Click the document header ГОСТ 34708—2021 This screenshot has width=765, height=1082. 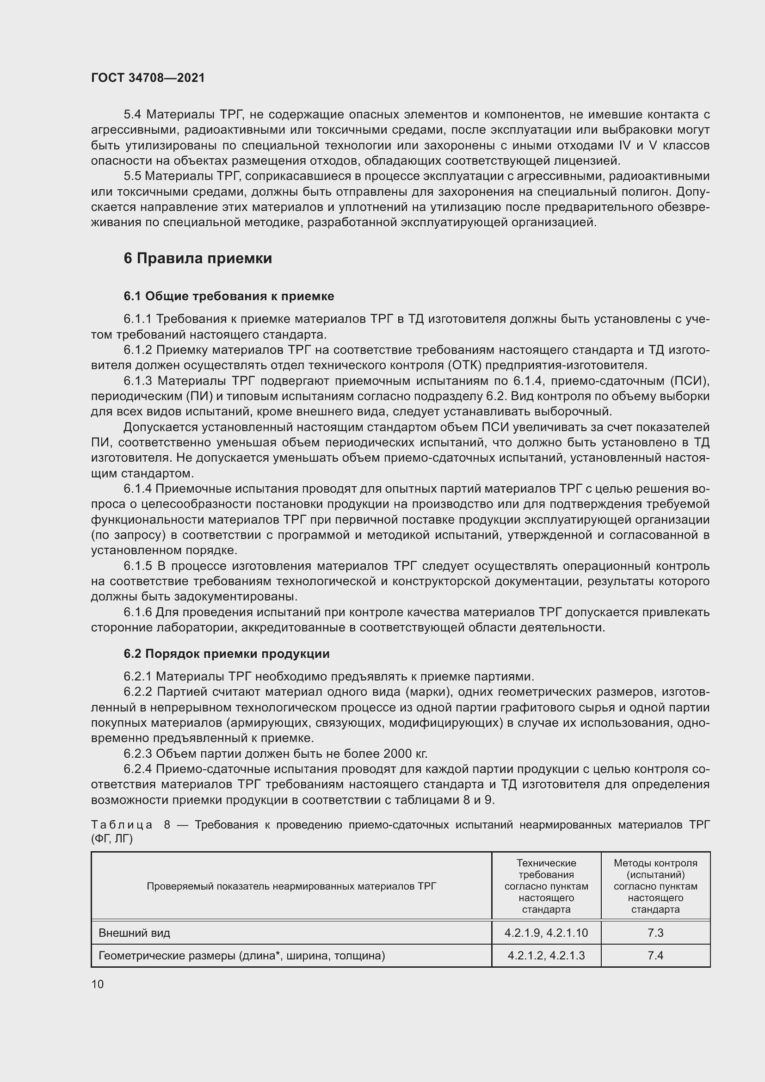pyautogui.click(x=148, y=78)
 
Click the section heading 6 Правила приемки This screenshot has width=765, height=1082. pyautogui.click(x=198, y=258)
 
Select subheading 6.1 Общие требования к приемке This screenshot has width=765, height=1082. pyautogui.click(x=229, y=296)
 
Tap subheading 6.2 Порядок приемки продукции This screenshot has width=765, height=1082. pyautogui.click(x=227, y=654)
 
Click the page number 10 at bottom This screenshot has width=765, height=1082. pyautogui.click(x=98, y=984)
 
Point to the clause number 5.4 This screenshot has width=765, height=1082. pyautogui.click(x=132, y=115)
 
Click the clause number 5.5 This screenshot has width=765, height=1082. pyautogui.click(x=132, y=176)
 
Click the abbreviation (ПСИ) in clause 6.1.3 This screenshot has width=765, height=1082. pyautogui.click(x=691, y=381)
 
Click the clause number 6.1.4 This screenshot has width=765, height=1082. pyautogui.click(x=137, y=488)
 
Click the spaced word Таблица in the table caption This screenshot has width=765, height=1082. pyautogui.click(x=122, y=825)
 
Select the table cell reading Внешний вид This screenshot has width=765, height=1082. pyautogui.click(x=134, y=933)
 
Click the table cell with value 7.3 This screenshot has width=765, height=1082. pyautogui.click(x=655, y=933)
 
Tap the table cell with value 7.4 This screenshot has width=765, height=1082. pyautogui.click(x=655, y=955)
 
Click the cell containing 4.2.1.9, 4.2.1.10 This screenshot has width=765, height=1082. pyautogui.click(x=546, y=933)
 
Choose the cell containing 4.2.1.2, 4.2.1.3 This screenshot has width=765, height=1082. pyautogui.click(x=546, y=955)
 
